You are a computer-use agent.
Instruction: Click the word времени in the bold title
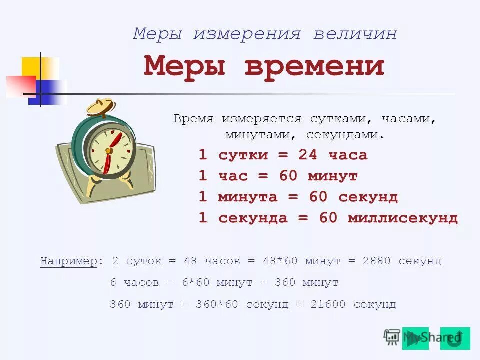coord(315,66)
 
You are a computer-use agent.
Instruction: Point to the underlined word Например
coord(69,261)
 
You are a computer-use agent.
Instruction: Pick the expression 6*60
coord(195,283)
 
